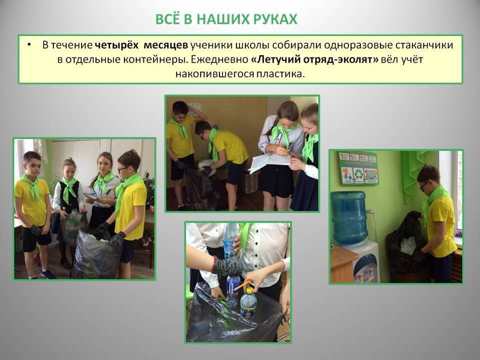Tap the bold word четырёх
coord(116,45)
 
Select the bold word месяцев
coord(165,45)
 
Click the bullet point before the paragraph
coord(29,45)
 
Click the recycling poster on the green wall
coord(358,168)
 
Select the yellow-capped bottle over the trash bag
coord(248,303)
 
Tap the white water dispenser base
coord(366,261)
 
